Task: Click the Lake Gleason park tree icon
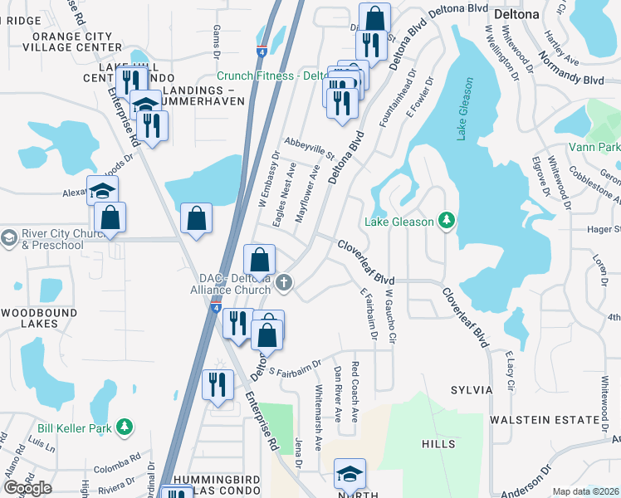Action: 447,220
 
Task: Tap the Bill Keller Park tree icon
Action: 125,426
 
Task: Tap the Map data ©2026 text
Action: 586,491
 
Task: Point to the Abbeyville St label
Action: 308,149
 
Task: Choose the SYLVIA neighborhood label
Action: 472,390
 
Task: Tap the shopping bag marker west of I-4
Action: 196,219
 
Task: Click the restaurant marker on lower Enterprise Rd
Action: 218,385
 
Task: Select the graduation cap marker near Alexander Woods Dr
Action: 104,191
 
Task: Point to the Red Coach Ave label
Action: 355,392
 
